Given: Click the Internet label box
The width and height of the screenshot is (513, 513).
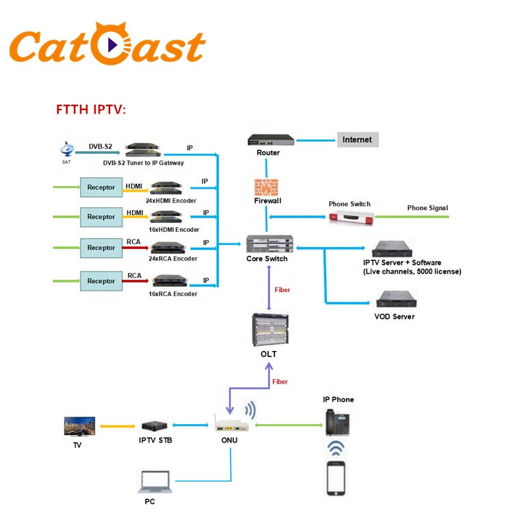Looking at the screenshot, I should [357, 140].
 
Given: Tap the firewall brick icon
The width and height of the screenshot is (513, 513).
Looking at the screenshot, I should [267, 187].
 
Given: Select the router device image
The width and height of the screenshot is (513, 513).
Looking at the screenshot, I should [272, 140].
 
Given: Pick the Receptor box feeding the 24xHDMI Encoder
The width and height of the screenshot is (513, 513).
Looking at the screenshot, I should [101, 187].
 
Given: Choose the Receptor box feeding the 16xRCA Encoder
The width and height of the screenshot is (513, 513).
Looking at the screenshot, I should [101, 281].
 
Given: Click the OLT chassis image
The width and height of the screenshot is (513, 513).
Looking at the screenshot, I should [268, 330].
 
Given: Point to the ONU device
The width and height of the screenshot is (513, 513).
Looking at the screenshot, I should [229, 423].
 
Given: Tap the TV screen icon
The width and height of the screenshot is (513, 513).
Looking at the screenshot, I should [79, 427].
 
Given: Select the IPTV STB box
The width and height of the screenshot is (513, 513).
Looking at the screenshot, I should [156, 425].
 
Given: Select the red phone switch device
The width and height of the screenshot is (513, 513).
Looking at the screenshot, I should [350, 218].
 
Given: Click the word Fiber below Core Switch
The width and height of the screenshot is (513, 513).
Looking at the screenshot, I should [282, 290].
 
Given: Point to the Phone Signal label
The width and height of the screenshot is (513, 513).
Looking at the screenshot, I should [428, 208].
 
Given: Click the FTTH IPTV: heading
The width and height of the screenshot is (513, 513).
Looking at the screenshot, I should [91, 110].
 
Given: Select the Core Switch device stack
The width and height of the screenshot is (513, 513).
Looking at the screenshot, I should [269, 244].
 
